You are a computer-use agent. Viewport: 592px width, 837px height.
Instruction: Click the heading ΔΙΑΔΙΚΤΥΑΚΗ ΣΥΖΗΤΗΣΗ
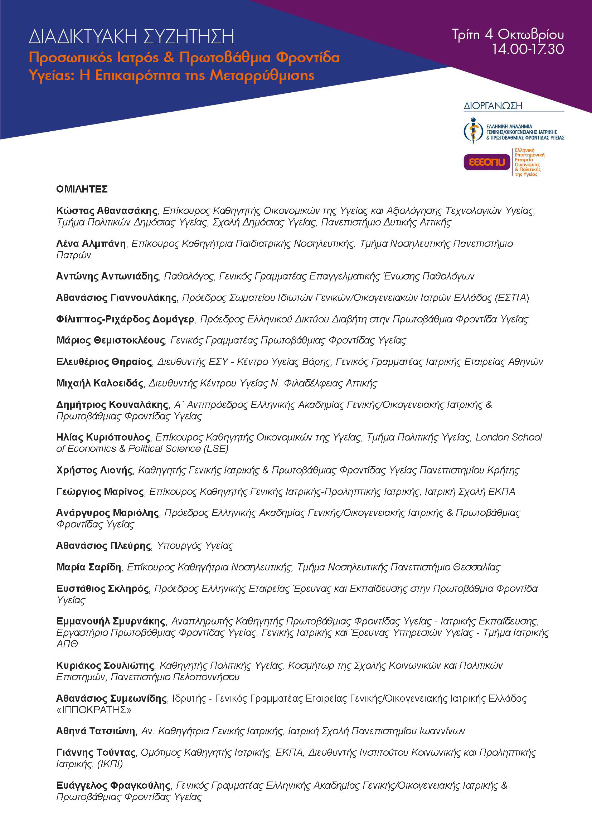pos(131,37)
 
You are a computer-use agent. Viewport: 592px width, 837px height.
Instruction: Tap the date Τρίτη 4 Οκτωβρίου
pos(508,35)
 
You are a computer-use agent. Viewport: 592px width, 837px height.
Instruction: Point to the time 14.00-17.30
pos(528,49)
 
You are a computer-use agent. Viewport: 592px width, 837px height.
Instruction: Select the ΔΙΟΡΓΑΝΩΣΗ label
pos(493,106)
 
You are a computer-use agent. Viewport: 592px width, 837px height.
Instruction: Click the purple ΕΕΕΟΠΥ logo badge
pos(487,162)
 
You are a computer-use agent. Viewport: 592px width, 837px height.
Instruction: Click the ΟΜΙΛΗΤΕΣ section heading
pos(82,189)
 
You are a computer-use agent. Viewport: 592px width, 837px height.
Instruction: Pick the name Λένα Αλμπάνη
pos(91,244)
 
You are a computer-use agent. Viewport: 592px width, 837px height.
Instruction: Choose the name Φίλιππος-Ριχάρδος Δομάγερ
pos(125,319)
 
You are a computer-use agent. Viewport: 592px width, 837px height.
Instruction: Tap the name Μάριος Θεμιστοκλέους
pos(111,340)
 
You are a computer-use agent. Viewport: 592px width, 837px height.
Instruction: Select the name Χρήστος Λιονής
pos(94,470)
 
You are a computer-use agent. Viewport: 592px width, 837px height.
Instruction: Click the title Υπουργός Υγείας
pos(195,546)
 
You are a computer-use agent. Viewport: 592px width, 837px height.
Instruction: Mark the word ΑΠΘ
pos(67,644)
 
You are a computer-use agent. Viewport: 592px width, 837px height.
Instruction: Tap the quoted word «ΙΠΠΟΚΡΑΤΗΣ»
pos(94,710)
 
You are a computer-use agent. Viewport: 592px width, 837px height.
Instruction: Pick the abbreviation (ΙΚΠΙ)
pos(110,764)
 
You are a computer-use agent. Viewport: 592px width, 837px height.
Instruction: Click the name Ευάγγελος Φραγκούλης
pos(113,785)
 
